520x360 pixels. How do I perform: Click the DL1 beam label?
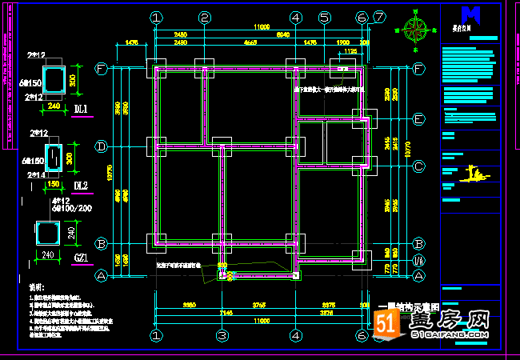tap(82, 109)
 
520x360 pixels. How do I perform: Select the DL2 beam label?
tap(81, 186)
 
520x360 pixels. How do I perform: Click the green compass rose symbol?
tap(416, 29)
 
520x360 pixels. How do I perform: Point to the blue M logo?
tap(471, 14)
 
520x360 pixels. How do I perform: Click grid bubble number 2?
tap(205, 18)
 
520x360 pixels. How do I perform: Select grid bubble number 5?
tap(324, 18)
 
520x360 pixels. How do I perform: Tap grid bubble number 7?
tap(379, 17)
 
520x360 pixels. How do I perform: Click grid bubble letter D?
tap(102, 146)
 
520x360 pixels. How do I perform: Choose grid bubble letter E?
tap(418, 119)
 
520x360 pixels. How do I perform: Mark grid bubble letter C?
tap(418, 166)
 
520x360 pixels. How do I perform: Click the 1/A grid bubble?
tap(418, 261)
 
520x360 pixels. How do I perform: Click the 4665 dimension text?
tap(250, 42)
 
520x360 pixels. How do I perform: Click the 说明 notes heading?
tap(36, 286)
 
